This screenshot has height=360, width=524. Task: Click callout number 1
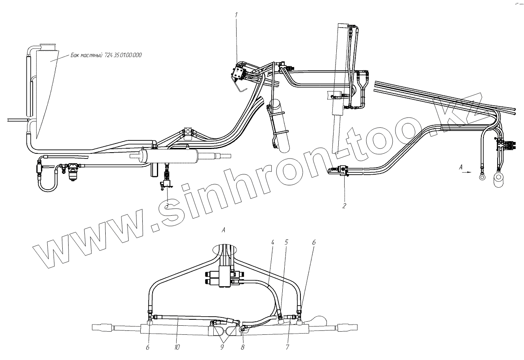236,15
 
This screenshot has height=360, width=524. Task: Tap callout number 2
344,205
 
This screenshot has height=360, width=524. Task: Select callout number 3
167,205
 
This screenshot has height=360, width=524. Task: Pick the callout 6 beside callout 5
314,243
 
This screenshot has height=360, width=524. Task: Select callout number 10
177,347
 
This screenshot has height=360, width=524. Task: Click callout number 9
222,347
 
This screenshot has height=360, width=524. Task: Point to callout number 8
243,347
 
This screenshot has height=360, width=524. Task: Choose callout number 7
287,347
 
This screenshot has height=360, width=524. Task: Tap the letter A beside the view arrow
461,167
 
